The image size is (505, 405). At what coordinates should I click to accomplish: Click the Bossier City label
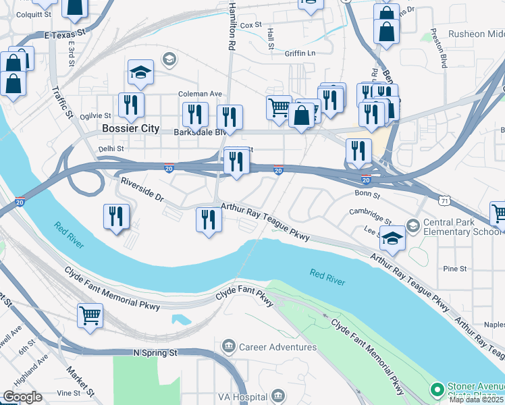[130, 128]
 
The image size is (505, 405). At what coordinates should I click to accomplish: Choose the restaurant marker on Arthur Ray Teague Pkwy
[209, 219]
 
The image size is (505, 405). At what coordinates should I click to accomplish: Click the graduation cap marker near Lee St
[392, 238]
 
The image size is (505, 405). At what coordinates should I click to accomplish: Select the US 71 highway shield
[444, 200]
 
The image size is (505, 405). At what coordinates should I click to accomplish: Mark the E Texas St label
[65, 33]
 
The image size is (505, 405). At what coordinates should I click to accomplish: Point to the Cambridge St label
[370, 215]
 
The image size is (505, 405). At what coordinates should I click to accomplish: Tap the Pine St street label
[454, 269]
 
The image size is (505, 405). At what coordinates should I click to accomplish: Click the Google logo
[22, 397]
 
